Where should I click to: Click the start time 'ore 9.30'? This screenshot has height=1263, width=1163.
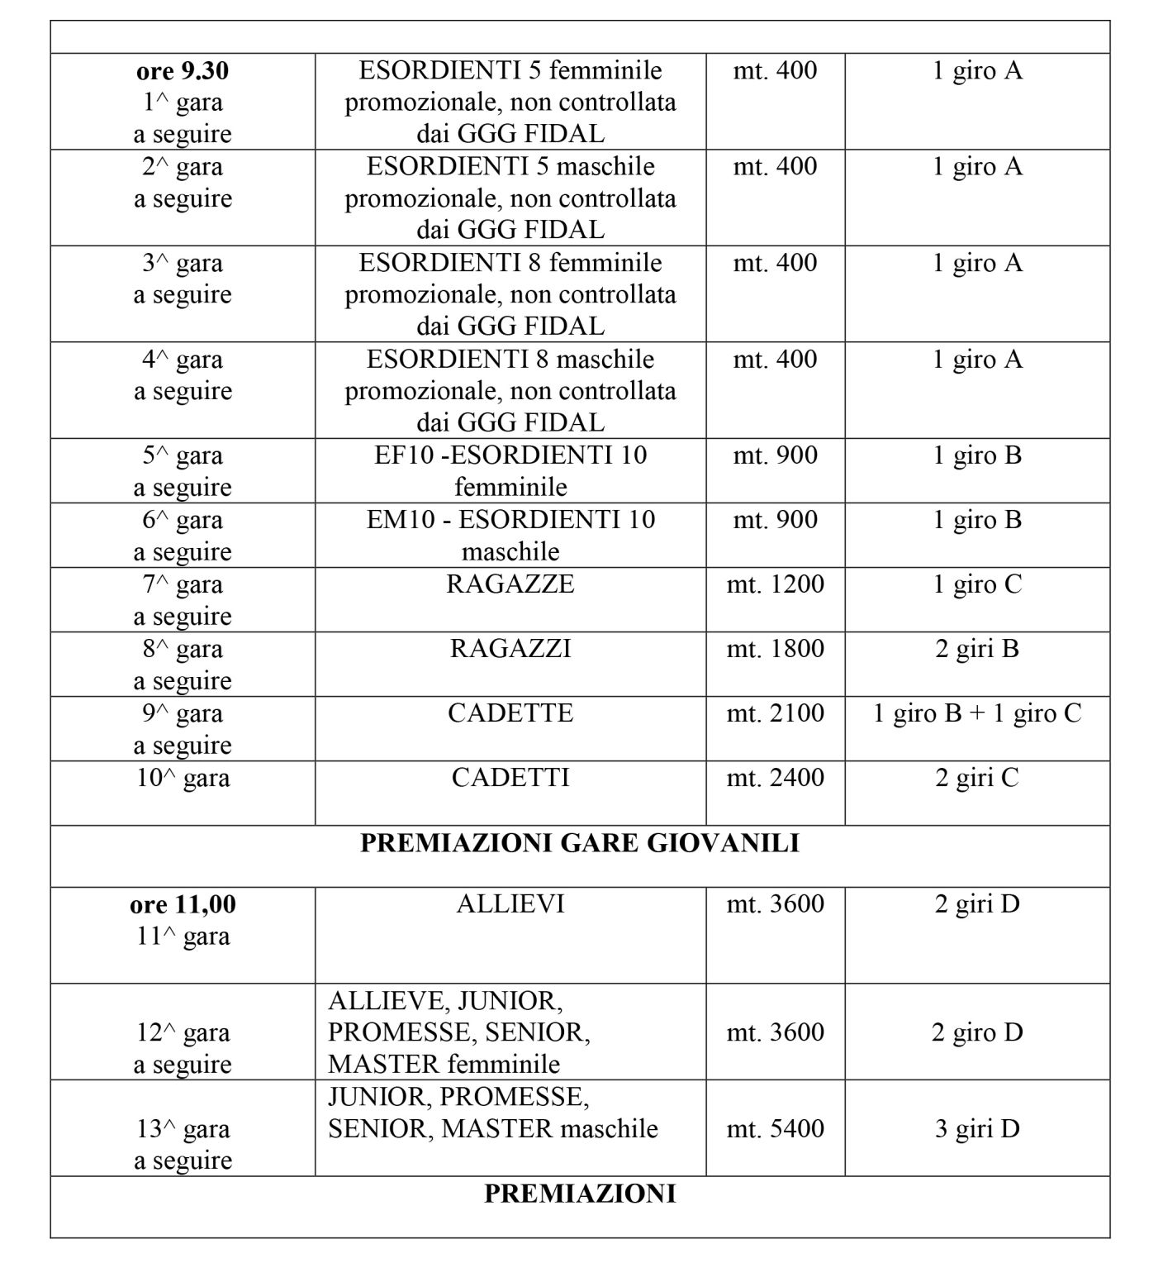(183, 71)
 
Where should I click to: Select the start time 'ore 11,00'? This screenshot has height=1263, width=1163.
(183, 905)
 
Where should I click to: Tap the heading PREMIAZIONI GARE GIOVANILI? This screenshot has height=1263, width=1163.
(580, 843)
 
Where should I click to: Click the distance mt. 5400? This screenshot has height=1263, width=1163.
(775, 1128)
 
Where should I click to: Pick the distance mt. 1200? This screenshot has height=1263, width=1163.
(775, 584)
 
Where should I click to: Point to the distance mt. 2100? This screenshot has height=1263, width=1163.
(775, 713)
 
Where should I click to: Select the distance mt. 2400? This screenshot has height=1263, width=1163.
(775, 778)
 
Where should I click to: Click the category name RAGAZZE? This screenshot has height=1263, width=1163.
(510, 584)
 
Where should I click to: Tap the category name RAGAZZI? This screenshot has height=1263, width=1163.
(510, 649)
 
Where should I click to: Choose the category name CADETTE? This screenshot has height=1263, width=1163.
(510, 713)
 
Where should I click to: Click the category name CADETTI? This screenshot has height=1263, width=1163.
(510, 778)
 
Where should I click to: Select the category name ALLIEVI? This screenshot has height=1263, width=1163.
(510, 904)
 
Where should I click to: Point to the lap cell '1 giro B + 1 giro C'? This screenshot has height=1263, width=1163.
(977, 713)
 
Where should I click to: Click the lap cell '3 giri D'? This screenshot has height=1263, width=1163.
(977, 1128)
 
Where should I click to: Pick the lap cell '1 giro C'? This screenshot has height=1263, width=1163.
(977, 584)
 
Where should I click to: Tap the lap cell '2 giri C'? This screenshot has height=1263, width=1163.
(977, 778)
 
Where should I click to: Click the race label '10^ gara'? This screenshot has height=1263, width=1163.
(183, 778)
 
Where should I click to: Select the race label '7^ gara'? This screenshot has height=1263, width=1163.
(183, 584)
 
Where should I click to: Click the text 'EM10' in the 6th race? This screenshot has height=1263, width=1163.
(400, 520)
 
